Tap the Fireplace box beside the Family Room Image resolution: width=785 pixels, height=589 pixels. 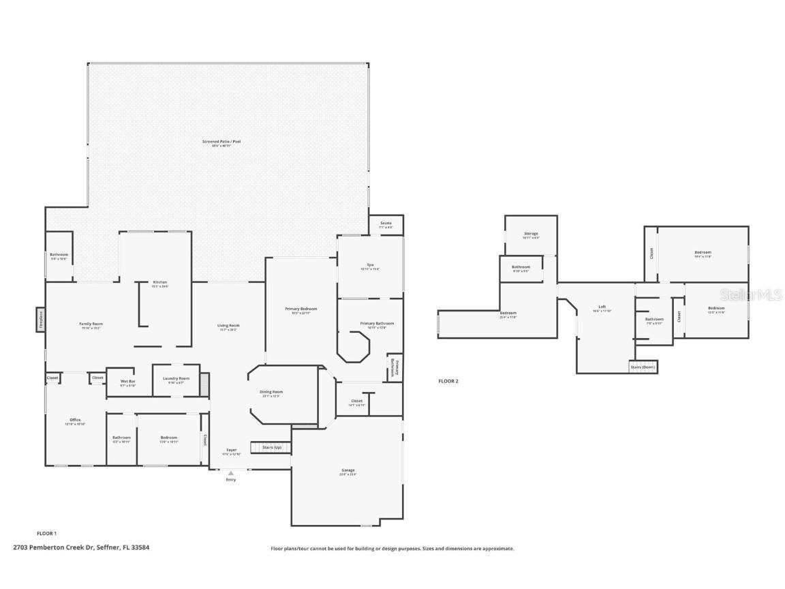[x=40, y=320]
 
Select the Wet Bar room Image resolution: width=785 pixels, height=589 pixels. [x=128, y=383]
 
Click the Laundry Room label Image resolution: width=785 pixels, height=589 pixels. [x=176, y=380]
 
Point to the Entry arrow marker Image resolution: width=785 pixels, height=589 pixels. [x=230, y=473]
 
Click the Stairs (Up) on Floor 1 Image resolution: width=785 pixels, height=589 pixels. [x=271, y=448]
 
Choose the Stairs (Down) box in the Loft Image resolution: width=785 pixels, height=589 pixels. [x=643, y=367]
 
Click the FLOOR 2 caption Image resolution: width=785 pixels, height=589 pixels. [x=448, y=381]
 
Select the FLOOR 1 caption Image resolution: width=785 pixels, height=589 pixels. [x=46, y=533]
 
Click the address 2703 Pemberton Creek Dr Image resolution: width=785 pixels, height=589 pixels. [x=81, y=547]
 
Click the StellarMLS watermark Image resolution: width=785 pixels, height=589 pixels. [x=751, y=295]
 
